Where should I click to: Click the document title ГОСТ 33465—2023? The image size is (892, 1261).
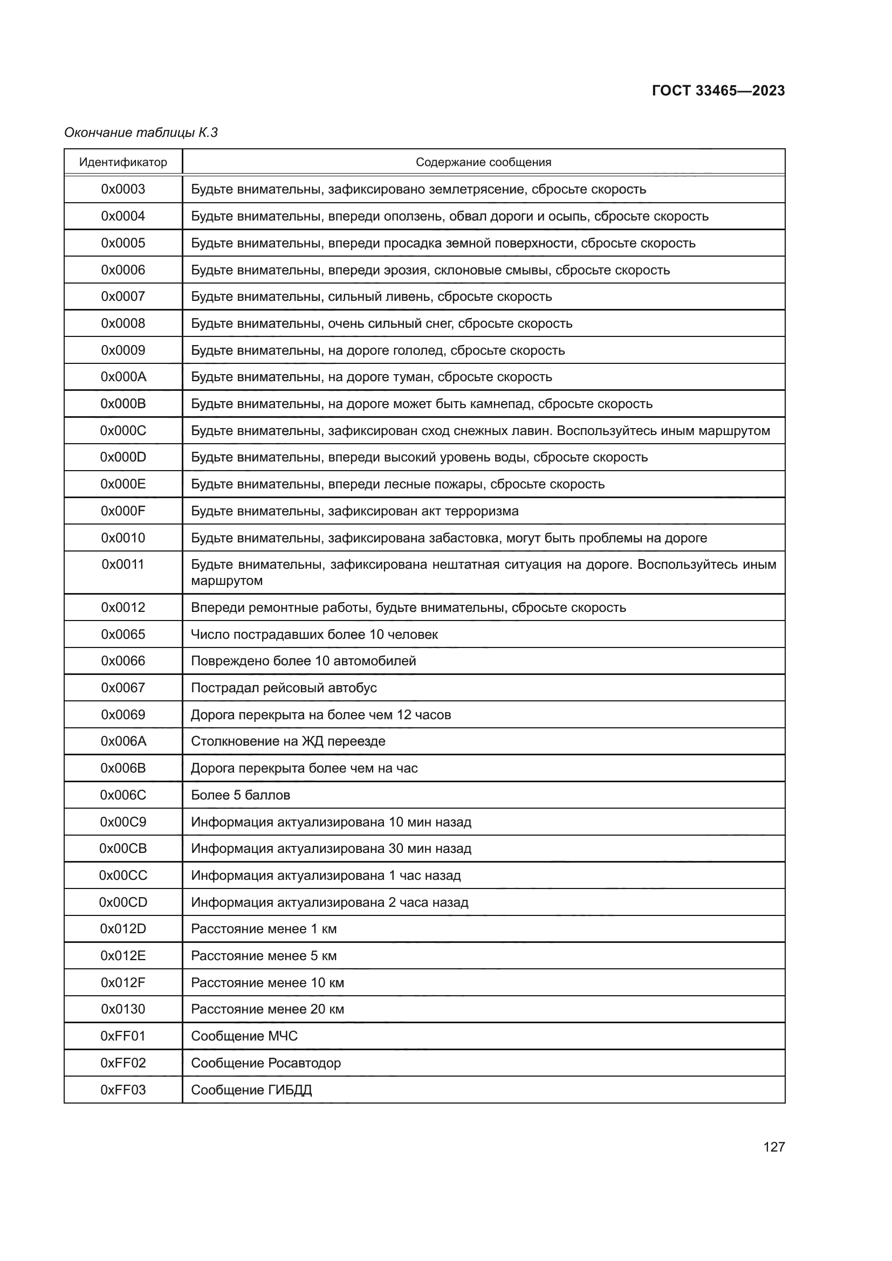coord(718,91)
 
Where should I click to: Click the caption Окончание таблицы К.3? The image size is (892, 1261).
coord(141,133)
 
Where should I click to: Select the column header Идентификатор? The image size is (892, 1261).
coord(123,162)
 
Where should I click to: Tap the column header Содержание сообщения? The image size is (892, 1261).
coord(483,162)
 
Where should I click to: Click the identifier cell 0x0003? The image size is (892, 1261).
coord(123,189)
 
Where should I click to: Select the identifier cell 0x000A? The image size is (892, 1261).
coord(123,377)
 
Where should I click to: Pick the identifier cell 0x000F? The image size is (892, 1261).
coord(123,511)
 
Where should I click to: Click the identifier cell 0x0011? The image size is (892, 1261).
coord(123,564)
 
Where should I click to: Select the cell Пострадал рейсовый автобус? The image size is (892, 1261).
coord(284,687)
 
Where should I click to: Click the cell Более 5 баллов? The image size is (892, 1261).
coord(240,795)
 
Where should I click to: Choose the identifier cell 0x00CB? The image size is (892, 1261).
coord(123,849)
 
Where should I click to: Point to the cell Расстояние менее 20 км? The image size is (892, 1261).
coord(267,1009)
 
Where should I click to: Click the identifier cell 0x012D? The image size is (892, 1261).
coord(123,929)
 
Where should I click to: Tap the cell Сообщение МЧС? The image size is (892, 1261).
coord(244,1036)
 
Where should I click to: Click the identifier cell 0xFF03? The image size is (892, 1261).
coord(123,1090)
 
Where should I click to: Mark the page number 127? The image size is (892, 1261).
coord(773,1147)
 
